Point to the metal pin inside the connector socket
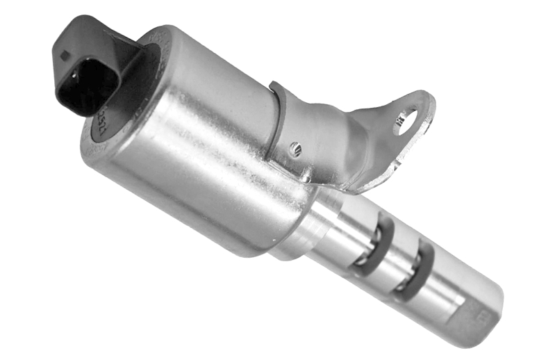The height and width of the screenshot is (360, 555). pos(74,75)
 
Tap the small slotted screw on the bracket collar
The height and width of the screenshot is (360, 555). pos(296,147)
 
